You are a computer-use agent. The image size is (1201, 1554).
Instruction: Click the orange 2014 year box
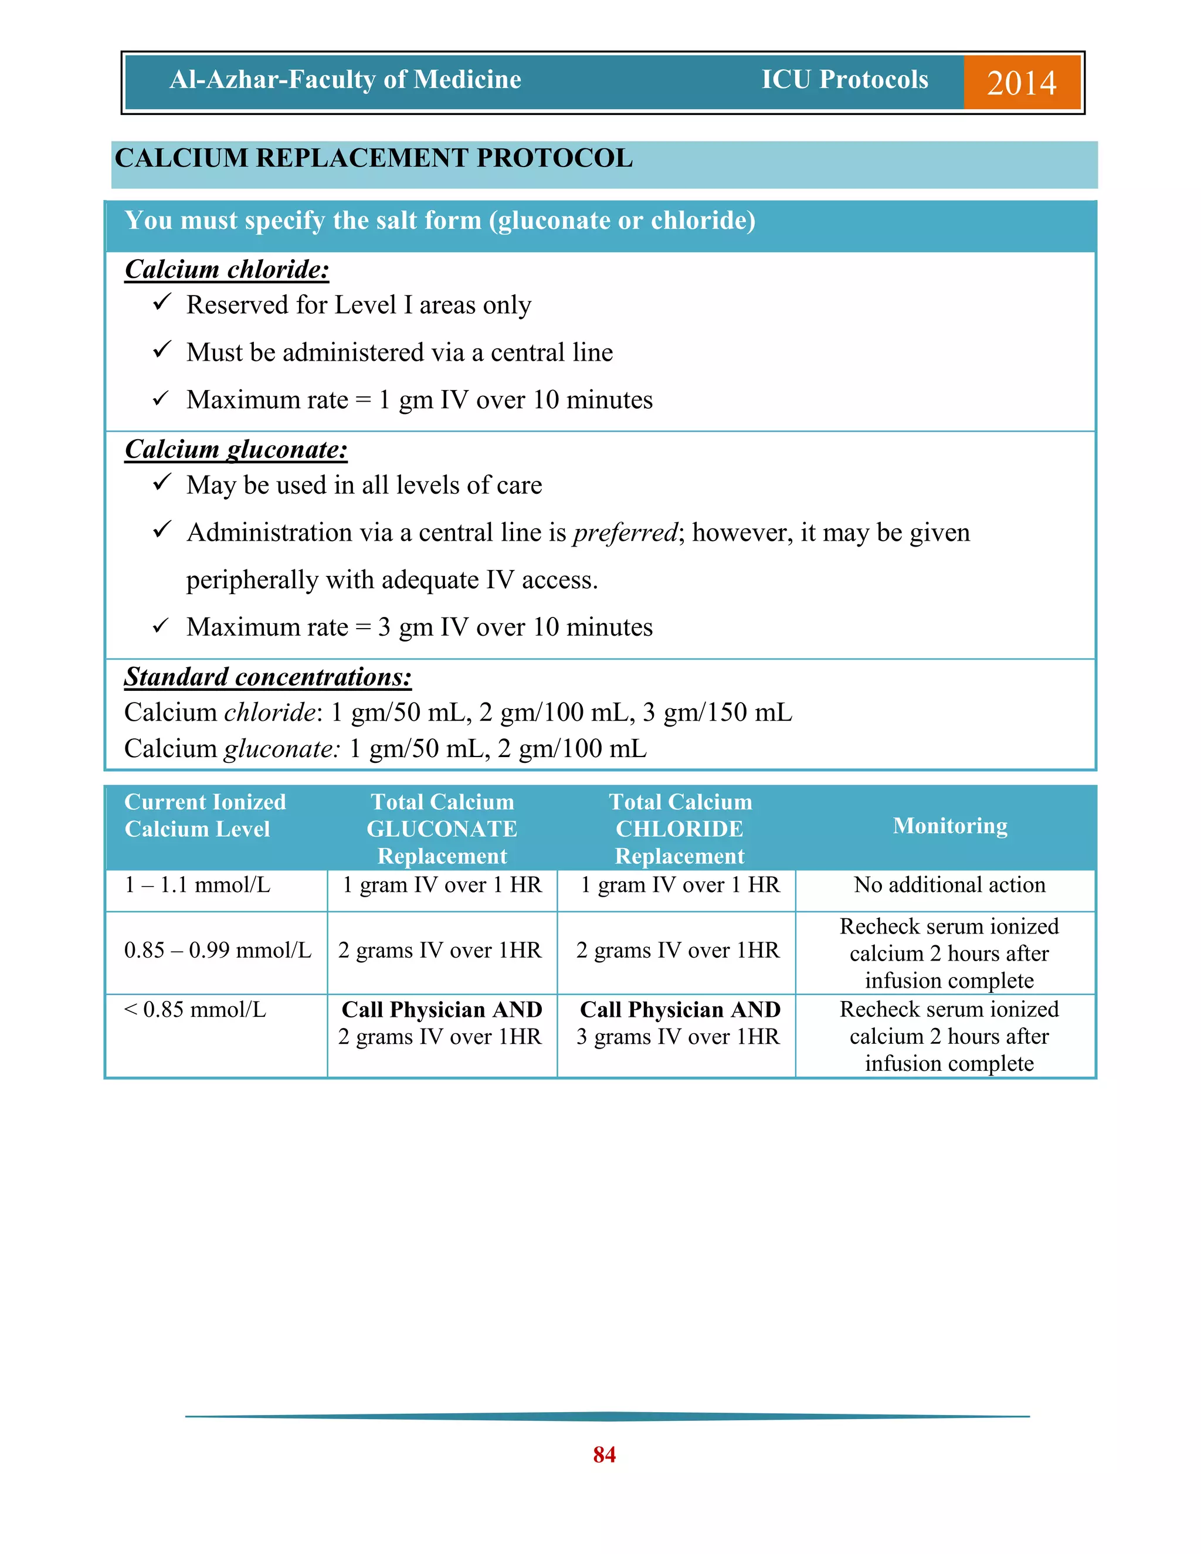pyautogui.click(x=1021, y=83)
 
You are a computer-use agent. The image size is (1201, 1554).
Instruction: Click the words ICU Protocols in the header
pyautogui.click(x=844, y=80)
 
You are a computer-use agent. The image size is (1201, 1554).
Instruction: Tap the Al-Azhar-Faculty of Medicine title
pyautogui.click(x=345, y=80)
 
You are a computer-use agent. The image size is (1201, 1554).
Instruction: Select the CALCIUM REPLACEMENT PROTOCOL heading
pyautogui.click(x=374, y=158)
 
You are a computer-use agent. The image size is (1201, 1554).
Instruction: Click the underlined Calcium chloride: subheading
pyautogui.click(x=226, y=270)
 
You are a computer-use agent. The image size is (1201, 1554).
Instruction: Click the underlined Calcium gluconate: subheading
pyautogui.click(x=236, y=450)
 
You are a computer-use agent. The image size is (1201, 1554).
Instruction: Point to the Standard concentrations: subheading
pyautogui.click(x=267, y=677)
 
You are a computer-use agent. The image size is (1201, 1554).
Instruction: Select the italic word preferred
pyautogui.click(x=625, y=532)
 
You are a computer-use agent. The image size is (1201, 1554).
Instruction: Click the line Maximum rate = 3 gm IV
pyautogui.click(x=419, y=627)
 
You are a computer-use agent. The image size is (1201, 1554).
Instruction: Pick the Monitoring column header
pyautogui.click(x=950, y=826)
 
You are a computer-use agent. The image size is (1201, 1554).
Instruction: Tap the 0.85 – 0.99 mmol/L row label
pyautogui.click(x=218, y=951)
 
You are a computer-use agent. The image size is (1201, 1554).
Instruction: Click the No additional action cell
pyautogui.click(x=949, y=885)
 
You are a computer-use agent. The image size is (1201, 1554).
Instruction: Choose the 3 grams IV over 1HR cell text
pyautogui.click(x=678, y=1037)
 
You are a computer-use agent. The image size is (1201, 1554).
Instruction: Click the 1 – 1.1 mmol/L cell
pyautogui.click(x=197, y=885)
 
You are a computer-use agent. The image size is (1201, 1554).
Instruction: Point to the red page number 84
pyautogui.click(x=604, y=1454)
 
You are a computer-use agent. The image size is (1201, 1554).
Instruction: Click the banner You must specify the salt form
pyautogui.click(x=440, y=221)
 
